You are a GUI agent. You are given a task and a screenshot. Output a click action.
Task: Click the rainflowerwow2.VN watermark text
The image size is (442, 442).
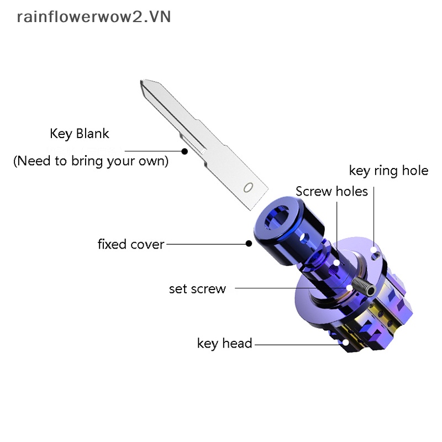tap(94, 17)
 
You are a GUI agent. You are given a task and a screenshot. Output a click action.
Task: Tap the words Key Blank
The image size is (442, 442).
tap(80, 134)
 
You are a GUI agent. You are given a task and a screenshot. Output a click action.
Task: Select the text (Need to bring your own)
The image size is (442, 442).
tap(91, 161)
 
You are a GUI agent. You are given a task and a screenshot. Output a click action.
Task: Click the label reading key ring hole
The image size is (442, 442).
tap(388, 171)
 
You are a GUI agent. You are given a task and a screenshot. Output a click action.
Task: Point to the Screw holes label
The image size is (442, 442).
tap(331, 192)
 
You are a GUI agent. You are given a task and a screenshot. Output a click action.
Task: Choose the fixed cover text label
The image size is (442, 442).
tap(130, 244)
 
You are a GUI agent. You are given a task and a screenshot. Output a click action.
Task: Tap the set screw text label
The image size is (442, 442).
tap(197, 288)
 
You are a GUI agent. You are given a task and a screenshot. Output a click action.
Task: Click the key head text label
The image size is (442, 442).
tap(224, 343)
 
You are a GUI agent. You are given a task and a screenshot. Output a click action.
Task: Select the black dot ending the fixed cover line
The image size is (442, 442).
tap(249, 243)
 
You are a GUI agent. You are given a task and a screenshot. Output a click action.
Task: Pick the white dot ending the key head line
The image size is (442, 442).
tap(346, 343)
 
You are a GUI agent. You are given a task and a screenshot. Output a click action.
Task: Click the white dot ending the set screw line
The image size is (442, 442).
tap(350, 288)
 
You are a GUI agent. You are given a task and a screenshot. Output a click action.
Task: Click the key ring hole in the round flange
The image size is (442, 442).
tap(376, 254)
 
